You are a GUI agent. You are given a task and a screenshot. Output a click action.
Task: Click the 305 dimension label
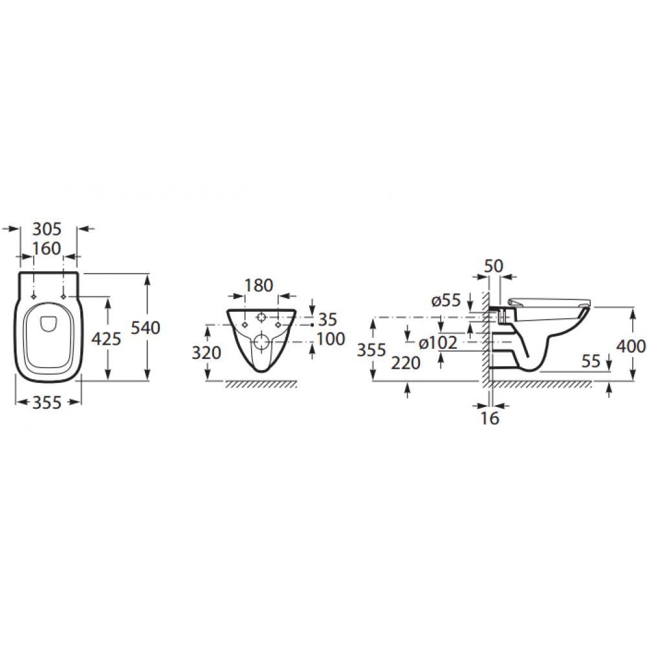click(x=47, y=229)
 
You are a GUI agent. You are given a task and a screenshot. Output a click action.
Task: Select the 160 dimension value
click(x=47, y=248)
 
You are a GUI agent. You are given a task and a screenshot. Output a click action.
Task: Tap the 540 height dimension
click(x=145, y=327)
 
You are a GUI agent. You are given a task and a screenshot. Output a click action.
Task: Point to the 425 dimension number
click(x=106, y=339)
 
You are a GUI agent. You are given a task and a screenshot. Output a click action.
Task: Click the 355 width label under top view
click(x=47, y=402)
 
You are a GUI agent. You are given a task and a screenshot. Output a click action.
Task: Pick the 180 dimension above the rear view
click(x=259, y=285)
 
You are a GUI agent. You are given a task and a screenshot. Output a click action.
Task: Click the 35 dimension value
click(x=327, y=320)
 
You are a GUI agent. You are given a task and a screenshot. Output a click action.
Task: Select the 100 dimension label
click(x=331, y=339)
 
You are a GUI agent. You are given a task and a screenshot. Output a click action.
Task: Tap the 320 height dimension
click(x=206, y=353)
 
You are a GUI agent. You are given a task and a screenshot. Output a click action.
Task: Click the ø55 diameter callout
click(x=446, y=300)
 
